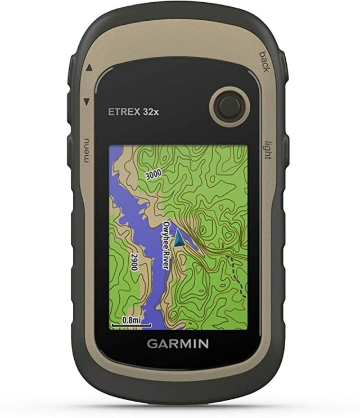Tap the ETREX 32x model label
133,111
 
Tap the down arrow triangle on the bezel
87,102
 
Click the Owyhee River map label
166,246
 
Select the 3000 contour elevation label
154,174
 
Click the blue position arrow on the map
179,239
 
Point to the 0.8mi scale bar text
132,319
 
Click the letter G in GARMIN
151,343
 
